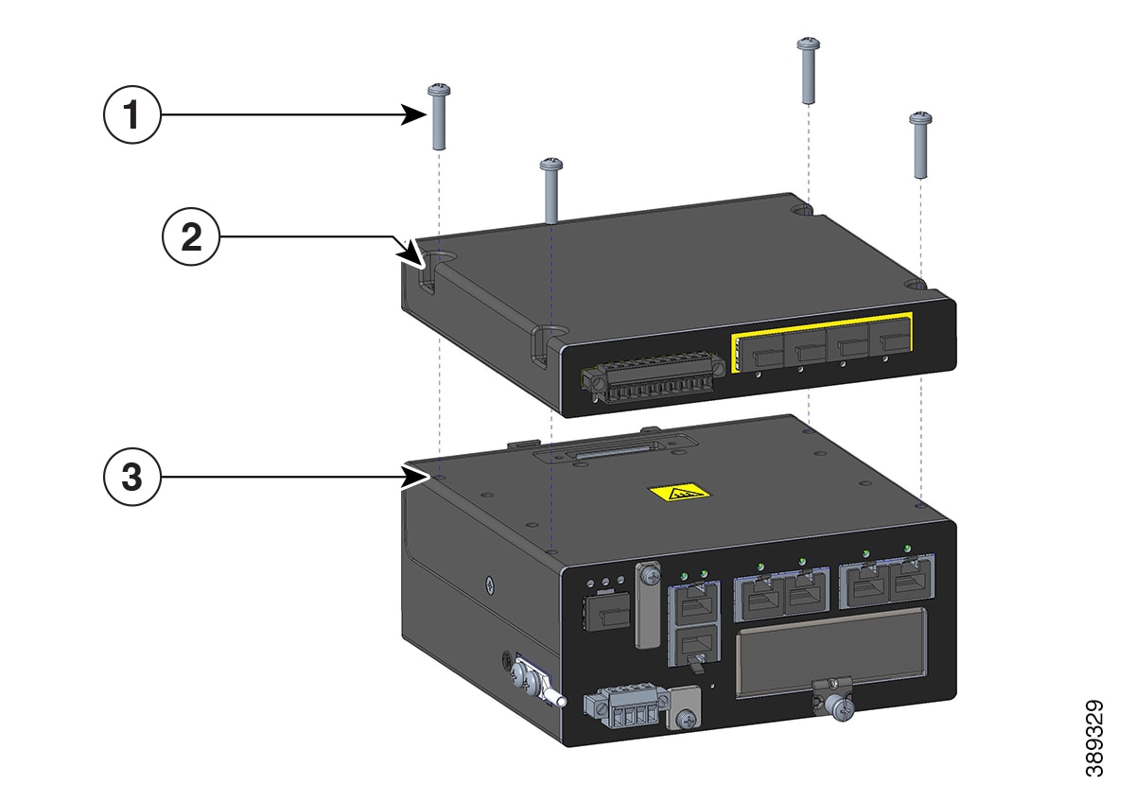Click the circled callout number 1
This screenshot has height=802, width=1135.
132,114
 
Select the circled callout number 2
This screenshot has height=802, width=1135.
191,236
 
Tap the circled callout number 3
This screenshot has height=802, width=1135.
132,477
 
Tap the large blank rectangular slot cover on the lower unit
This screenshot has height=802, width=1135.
831,651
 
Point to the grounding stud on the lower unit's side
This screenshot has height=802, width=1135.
534,683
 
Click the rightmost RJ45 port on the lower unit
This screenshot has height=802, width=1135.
911,581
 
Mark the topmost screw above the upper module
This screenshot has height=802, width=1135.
808,70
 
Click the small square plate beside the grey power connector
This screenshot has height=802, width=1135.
685,706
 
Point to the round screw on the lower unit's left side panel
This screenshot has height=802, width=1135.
490,584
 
